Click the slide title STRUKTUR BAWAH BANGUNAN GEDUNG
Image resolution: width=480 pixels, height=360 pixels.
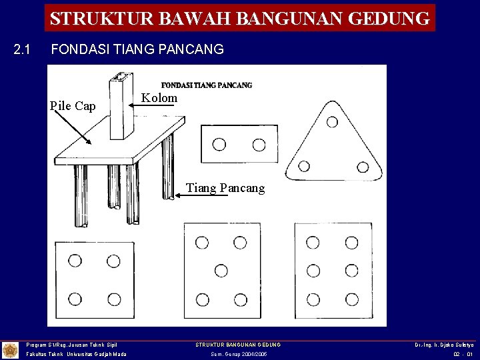(x=240, y=18)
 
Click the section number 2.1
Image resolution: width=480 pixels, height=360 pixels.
(x=23, y=49)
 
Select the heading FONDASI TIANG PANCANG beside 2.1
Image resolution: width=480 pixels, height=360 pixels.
(x=137, y=49)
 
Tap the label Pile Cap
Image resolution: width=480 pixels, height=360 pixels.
(x=73, y=106)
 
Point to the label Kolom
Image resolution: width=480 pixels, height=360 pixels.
(x=159, y=98)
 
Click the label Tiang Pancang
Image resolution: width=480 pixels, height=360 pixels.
(x=225, y=188)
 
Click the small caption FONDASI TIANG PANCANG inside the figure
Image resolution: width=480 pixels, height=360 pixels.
(x=207, y=85)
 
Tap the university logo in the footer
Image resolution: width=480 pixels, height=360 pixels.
(x=11, y=350)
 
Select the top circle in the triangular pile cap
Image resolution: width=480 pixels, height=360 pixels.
(x=331, y=122)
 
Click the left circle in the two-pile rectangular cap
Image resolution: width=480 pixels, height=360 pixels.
(x=219, y=145)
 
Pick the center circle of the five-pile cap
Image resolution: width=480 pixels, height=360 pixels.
(x=221, y=270)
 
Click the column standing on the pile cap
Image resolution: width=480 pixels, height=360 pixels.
(x=121, y=107)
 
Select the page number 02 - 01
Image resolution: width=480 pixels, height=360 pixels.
(x=462, y=355)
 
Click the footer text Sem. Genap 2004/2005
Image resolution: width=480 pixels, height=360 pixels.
(x=238, y=355)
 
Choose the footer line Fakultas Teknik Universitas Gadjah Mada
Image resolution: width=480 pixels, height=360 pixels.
(x=76, y=355)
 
